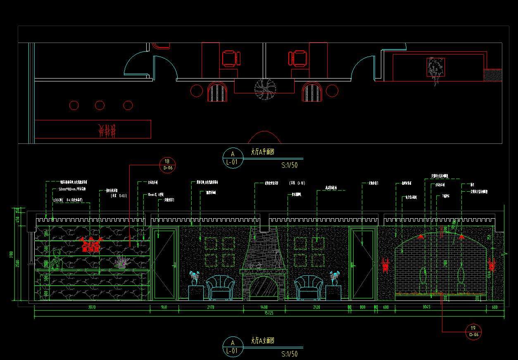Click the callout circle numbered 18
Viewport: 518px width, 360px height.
(167, 165)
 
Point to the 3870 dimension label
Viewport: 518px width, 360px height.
(92, 308)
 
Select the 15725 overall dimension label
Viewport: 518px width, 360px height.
(269, 313)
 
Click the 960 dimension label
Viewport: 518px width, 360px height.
(164, 308)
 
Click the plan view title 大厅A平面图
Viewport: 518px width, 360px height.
(262, 152)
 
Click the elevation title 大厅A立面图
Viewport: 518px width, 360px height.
(262, 341)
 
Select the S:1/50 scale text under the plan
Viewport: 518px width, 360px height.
(289, 165)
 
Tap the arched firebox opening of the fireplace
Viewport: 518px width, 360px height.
(264, 288)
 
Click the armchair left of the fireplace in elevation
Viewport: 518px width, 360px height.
(220, 288)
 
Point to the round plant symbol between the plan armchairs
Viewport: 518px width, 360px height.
(264, 89)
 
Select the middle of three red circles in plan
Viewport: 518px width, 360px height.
(100, 105)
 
